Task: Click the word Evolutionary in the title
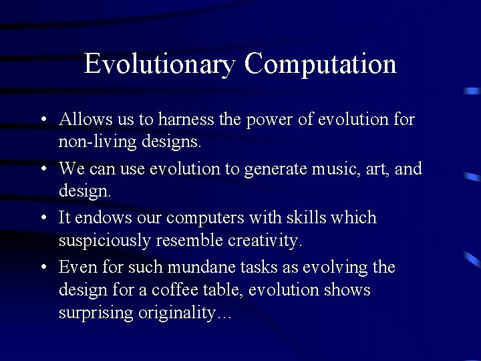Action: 159,64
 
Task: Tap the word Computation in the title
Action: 320,64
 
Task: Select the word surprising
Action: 96,313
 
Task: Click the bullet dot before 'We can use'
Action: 43,169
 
